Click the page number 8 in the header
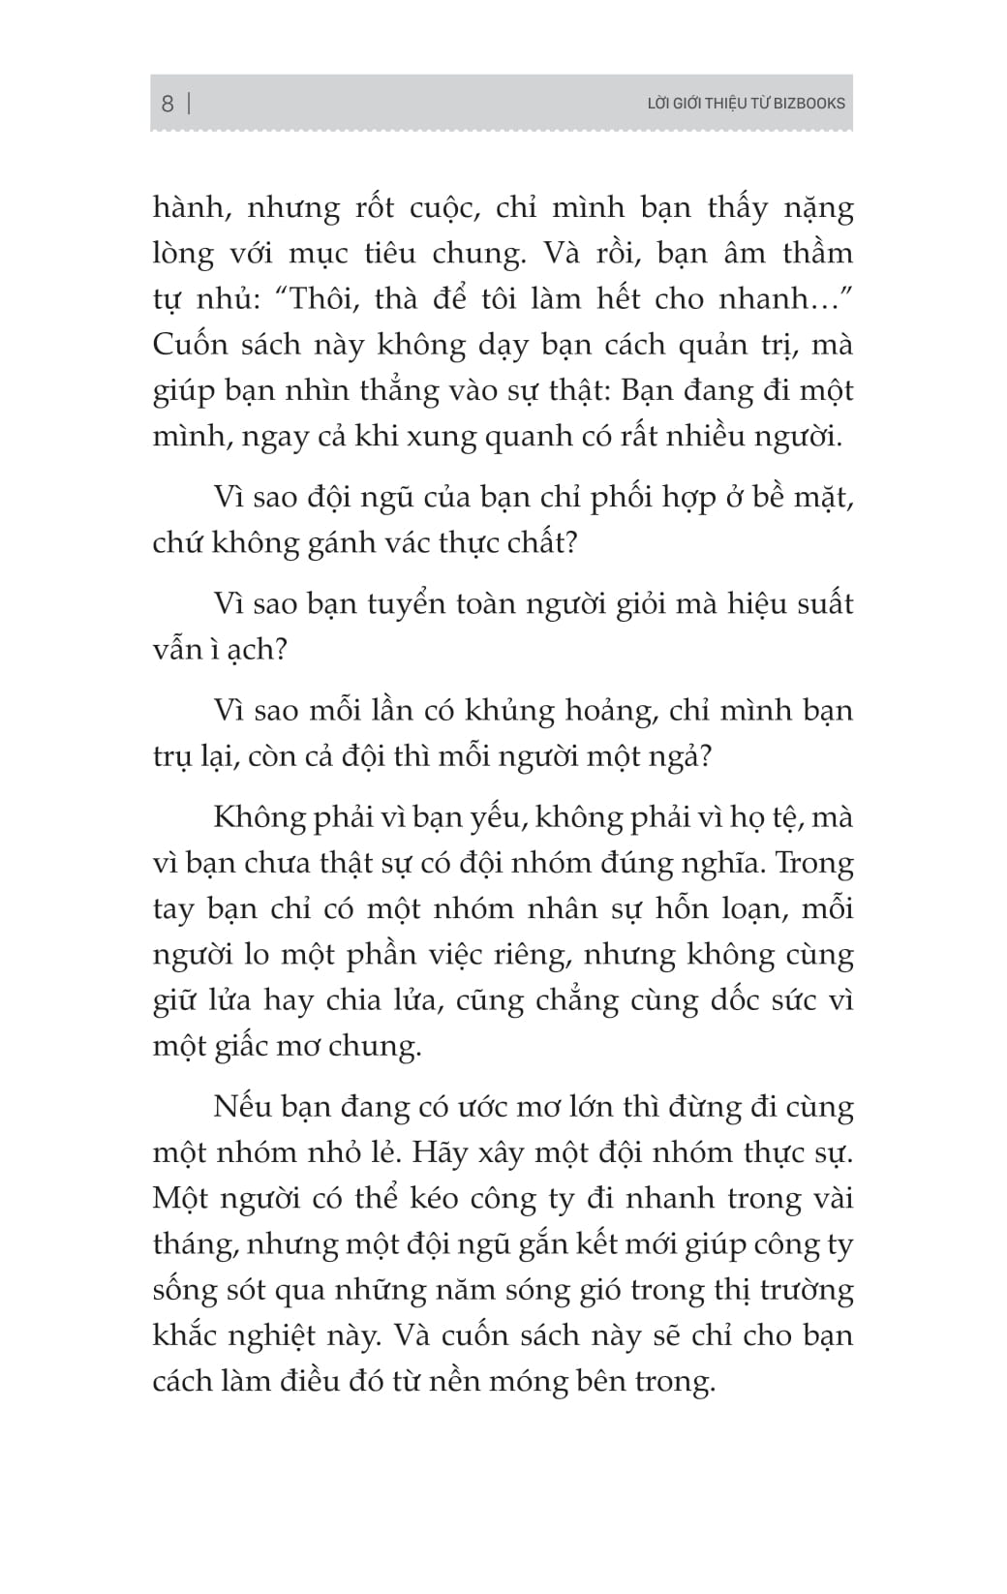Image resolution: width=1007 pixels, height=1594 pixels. click(168, 104)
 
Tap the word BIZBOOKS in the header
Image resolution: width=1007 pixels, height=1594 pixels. click(809, 104)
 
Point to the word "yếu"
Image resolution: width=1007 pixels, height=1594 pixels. click(494, 819)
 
